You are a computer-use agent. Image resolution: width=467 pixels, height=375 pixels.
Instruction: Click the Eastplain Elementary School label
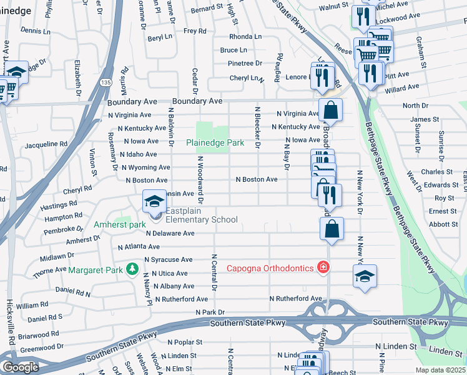202,219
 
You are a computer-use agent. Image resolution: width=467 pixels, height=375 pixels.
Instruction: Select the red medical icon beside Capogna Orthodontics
323,268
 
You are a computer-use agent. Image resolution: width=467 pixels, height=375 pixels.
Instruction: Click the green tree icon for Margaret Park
131,269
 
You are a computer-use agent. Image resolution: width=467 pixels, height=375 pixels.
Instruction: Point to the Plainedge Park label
215,143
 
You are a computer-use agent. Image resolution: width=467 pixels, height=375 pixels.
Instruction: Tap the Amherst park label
120,224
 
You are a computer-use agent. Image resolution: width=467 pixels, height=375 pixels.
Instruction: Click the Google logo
20,367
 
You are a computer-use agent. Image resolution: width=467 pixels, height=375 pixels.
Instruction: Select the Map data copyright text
441,370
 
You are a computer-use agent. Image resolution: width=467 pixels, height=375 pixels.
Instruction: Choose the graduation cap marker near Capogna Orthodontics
365,276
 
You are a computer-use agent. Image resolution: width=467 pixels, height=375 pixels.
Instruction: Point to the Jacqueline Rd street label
46,144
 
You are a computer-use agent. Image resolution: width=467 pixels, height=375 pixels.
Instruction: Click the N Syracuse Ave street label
168,259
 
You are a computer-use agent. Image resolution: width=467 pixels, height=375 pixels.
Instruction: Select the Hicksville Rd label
11,331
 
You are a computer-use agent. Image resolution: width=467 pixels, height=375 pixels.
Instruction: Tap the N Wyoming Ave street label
145,167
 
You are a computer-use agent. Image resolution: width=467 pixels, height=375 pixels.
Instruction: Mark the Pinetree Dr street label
245,63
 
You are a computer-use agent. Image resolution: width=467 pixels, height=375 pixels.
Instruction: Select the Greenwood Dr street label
42,346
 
